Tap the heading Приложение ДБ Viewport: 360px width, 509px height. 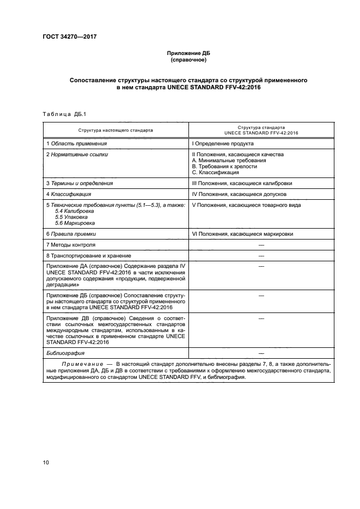pos(188,53)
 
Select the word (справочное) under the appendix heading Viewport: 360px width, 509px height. pos(188,60)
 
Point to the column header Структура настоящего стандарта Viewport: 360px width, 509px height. pos(115,131)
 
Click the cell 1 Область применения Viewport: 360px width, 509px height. pos(76,144)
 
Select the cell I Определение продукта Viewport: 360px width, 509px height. pos(222,144)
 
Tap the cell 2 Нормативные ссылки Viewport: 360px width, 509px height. pos(77,155)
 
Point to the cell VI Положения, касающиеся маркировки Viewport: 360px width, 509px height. pos(242,234)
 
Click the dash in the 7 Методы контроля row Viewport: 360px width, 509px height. pos(260,244)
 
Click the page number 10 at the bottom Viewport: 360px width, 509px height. pos(46,462)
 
